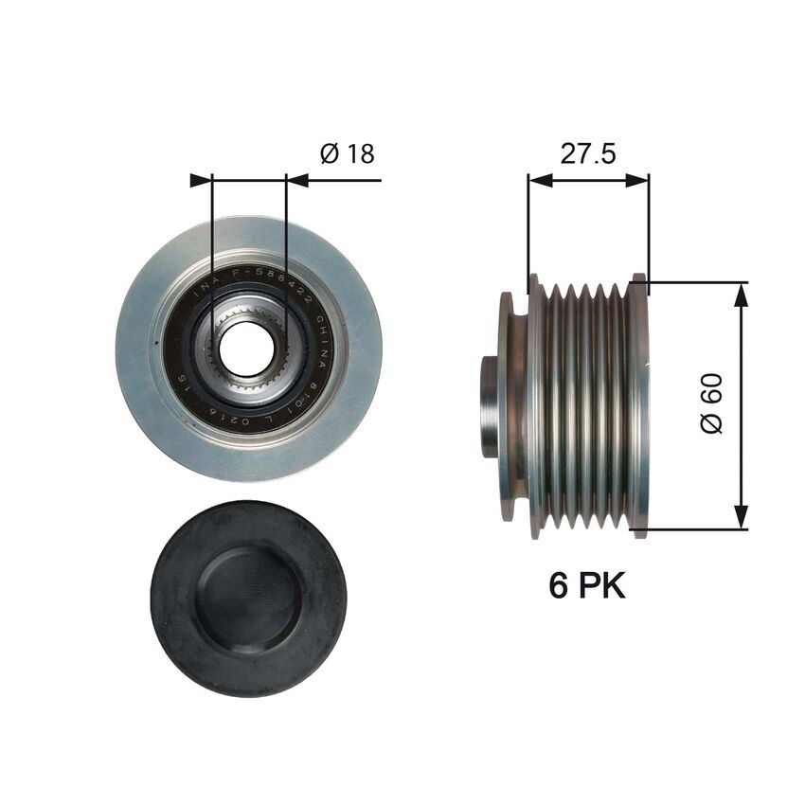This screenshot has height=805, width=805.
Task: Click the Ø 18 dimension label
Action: click(349, 154)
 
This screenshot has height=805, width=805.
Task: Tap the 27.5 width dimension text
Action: click(588, 154)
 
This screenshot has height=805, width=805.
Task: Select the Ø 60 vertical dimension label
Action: click(712, 404)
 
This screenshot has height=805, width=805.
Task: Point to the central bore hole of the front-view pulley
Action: click(247, 349)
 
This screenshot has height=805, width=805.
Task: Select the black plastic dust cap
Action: click(248, 599)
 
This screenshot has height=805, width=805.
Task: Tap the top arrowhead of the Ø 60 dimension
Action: click(741, 294)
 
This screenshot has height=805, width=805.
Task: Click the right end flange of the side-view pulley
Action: click(639, 405)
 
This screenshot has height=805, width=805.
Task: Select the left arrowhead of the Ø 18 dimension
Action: click(201, 179)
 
